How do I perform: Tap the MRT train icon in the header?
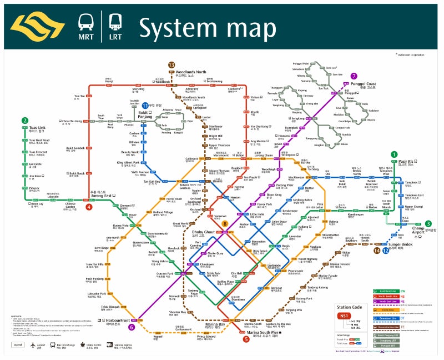tap(86, 24)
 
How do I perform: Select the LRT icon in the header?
tap(115, 24)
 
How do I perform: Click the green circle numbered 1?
tap(394, 154)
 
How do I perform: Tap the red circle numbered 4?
tap(89, 207)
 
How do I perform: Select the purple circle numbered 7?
tap(354, 76)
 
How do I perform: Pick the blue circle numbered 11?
tap(145, 105)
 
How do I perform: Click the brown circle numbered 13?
tap(171, 65)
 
